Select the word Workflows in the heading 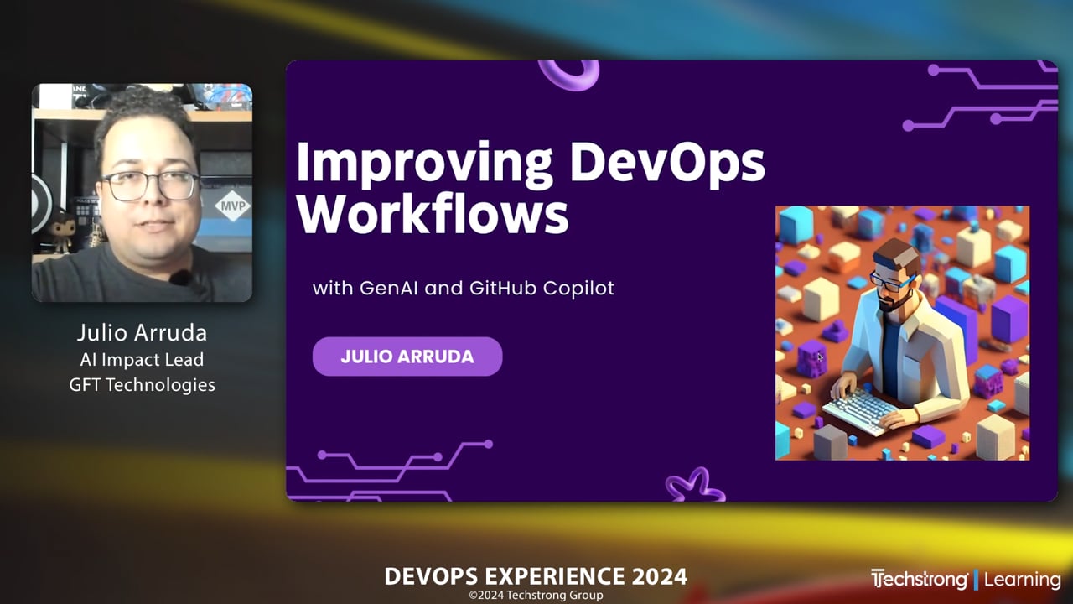pyautogui.click(x=433, y=215)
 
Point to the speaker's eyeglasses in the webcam pyautogui.click(x=151, y=185)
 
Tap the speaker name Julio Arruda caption pyautogui.click(x=142, y=332)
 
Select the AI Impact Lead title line pyautogui.click(x=142, y=360)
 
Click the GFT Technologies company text pyautogui.click(x=142, y=385)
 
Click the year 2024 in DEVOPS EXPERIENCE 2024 pyautogui.click(x=659, y=577)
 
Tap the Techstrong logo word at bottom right pyautogui.click(x=920, y=580)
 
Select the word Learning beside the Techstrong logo pyautogui.click(x=1022, y=580)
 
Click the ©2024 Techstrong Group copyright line pyautogui.click(x=536, y=596)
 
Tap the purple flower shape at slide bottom pyautogui.click(x=695, y=486)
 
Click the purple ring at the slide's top pyautogui.click(x=569, y=73)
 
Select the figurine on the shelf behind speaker pyautogui.click(x=60, y=232)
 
